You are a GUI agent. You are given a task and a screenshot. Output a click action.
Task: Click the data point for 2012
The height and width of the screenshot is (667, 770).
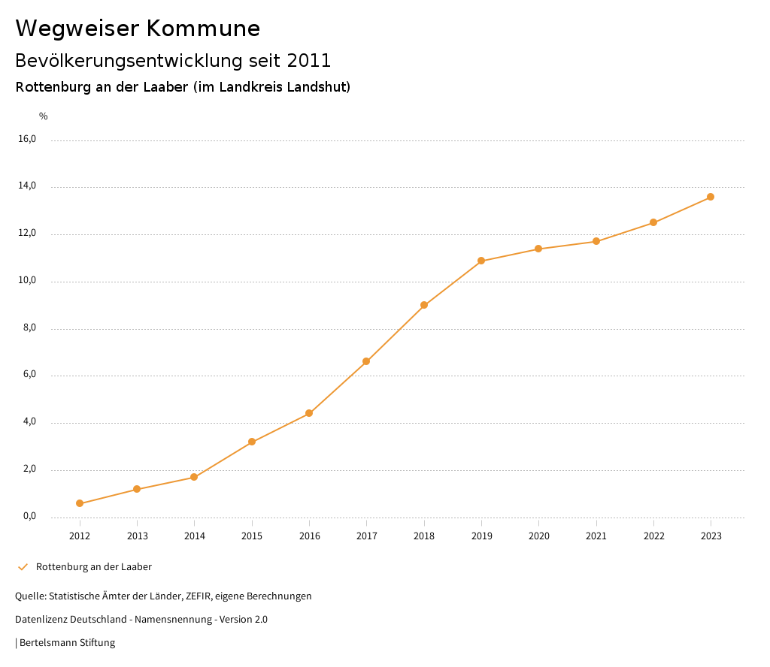pos(80,503)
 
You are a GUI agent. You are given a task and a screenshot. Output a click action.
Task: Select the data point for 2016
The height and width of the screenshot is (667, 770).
pos(309,413)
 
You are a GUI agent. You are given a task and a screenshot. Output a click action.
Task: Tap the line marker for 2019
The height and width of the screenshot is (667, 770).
pos(481,261)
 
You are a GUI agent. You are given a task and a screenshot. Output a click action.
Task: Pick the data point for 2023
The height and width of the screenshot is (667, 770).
pos(711,197)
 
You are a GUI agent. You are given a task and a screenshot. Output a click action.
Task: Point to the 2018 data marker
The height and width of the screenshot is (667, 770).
pos(424,305)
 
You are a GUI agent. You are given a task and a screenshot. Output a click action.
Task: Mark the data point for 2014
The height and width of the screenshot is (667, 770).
pos(194,477)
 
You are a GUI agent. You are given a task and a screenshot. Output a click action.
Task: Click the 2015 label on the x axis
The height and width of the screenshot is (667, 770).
pos(252,536)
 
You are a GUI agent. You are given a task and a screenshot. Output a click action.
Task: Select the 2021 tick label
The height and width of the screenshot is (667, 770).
pos(596,536)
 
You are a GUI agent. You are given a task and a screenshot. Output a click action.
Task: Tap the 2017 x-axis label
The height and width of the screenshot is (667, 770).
pos(367,536)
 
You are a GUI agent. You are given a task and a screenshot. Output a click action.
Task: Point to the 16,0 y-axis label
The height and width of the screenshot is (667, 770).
pos(28,139)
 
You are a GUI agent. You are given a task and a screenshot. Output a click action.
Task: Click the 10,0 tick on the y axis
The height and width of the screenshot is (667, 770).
pos(28,281)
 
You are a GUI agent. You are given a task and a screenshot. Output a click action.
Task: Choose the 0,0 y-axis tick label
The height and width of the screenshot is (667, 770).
pos(29,516)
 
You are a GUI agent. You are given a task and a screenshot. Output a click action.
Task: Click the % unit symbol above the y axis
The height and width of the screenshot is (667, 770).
pos(44,116)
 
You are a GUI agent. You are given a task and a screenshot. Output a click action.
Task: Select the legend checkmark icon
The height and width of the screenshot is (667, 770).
pos(23,567)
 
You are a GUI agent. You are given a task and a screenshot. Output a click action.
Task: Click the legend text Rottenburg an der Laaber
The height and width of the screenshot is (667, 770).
pos(94,567)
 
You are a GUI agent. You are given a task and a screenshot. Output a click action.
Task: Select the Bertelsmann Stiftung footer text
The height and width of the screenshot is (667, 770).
pos(67,643)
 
